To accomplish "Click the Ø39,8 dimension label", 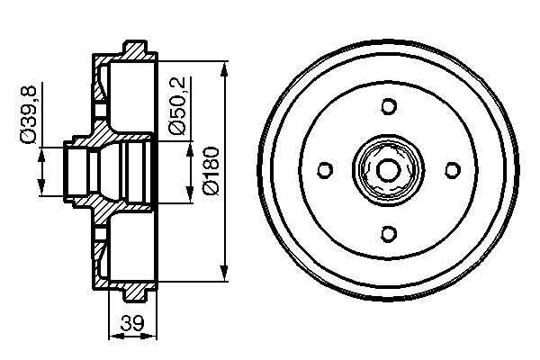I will click(30, 112).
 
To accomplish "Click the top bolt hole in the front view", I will click(389, 106).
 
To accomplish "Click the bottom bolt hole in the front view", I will click(389, 233).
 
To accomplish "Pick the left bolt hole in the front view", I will click(326, 169).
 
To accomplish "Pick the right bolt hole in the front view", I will click(452, 169).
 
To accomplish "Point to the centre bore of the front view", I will click(389, 169).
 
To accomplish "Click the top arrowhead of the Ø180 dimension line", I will click(222, 66).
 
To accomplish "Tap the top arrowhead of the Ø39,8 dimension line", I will click(41, 150).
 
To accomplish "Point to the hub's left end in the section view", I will click(66, 169).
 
